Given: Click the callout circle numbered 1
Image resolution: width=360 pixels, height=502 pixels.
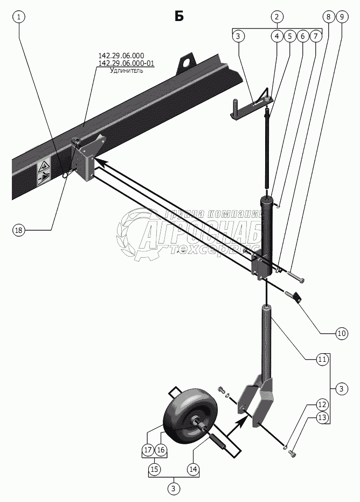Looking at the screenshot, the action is (19, 17).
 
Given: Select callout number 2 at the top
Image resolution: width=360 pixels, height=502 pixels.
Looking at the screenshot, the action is (276, 17).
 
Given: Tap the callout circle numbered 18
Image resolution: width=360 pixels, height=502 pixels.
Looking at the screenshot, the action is (19, 230).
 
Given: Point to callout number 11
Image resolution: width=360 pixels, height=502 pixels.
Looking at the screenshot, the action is (322, 359).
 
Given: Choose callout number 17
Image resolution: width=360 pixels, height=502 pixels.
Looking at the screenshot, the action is (148, 450).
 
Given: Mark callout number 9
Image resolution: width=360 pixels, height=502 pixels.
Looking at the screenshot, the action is (340, 17).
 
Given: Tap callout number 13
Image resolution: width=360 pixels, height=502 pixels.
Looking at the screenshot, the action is (322, 417).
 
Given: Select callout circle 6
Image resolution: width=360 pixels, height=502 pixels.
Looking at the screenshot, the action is (302, 36).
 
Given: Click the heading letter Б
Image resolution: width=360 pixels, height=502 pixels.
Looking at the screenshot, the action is (179, 16).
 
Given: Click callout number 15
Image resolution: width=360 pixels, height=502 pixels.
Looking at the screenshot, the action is (154, 469).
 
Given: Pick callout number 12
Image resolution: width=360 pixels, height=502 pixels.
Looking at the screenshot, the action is (322, 404).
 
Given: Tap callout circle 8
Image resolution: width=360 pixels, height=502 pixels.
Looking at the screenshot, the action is (327, 17).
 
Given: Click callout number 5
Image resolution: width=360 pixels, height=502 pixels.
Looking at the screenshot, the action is (289, 36).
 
